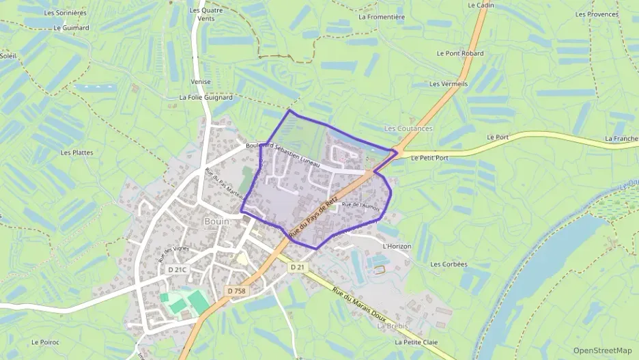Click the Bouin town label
point(216,221)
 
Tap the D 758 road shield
point(236,291)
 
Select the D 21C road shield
point(177,270)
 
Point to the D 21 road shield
point(296,267)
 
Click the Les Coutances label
point(408,128)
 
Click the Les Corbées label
point(449,264)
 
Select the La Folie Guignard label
point(205,98)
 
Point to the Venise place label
point(201,81)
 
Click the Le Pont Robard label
point(460,53)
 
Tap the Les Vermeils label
point(449,84)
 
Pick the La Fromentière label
point(386,17)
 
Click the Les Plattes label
point(77,152)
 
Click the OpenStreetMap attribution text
point(602,350)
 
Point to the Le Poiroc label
point(46,342)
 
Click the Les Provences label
point(597,14)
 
